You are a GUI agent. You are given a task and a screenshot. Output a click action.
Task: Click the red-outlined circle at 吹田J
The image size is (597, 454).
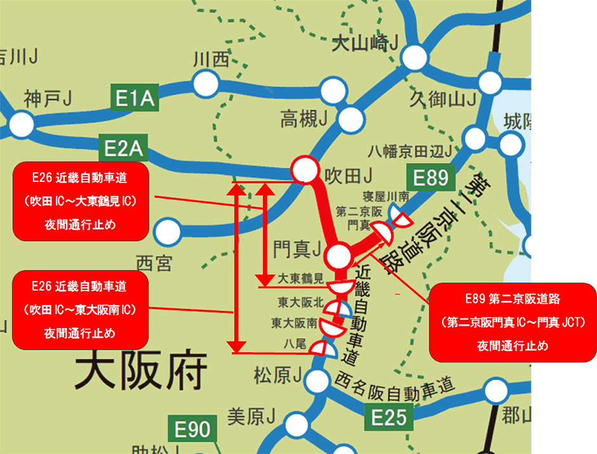(304, 170)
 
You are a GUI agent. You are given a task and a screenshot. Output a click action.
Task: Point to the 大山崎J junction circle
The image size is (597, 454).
(414, 57)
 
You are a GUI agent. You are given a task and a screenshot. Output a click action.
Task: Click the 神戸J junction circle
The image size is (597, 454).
(22, 124)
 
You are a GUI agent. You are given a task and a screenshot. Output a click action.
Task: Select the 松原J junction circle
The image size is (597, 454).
(314, 381)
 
